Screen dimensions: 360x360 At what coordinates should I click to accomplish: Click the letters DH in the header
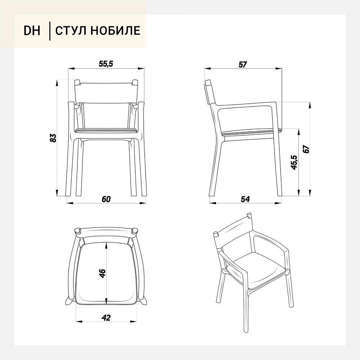coord(32,31)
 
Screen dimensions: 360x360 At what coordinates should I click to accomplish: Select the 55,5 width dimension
coord(106,64)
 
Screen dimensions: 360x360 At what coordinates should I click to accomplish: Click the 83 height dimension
coord(53,138)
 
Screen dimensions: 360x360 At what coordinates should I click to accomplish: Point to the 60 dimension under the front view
coord(106,199)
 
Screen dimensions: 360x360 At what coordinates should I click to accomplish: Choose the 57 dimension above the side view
coord(243,64)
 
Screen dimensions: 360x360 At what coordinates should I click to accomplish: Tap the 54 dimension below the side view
coord(245,199)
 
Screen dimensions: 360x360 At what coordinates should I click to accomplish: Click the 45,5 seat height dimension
coord(294,163)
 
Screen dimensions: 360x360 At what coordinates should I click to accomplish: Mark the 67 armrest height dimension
coord(306,149)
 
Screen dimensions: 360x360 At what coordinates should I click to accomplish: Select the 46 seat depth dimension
coord(102,273)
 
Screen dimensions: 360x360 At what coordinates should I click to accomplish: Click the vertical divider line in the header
coord(50,31)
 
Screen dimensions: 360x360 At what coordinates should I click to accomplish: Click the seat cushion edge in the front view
coord(106,130)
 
